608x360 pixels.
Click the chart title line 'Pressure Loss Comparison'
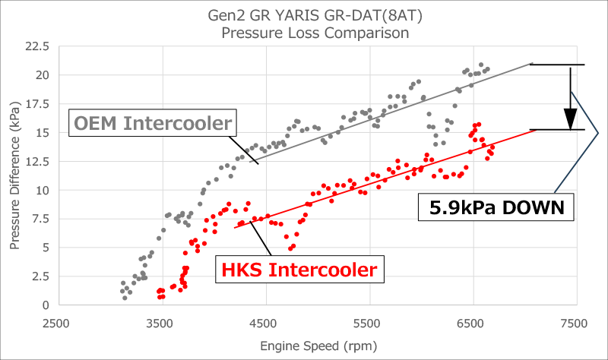coord(315,33)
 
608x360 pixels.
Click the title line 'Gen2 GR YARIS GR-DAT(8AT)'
coord(315,16)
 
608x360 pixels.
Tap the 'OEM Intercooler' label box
coord(153,123)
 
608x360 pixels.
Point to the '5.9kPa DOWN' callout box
coord(495,207)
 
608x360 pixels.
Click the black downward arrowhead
coord(570,119)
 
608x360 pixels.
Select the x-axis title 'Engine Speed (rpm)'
coord(315,346)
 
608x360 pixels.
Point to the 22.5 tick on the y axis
coord(36,47)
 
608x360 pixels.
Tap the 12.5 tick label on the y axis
coord(36,161)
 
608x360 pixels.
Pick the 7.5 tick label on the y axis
coord(40,219)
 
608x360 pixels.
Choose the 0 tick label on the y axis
coord(46,305)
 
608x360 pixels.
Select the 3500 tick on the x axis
coord(160,323)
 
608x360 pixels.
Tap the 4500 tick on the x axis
coord(264,323)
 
